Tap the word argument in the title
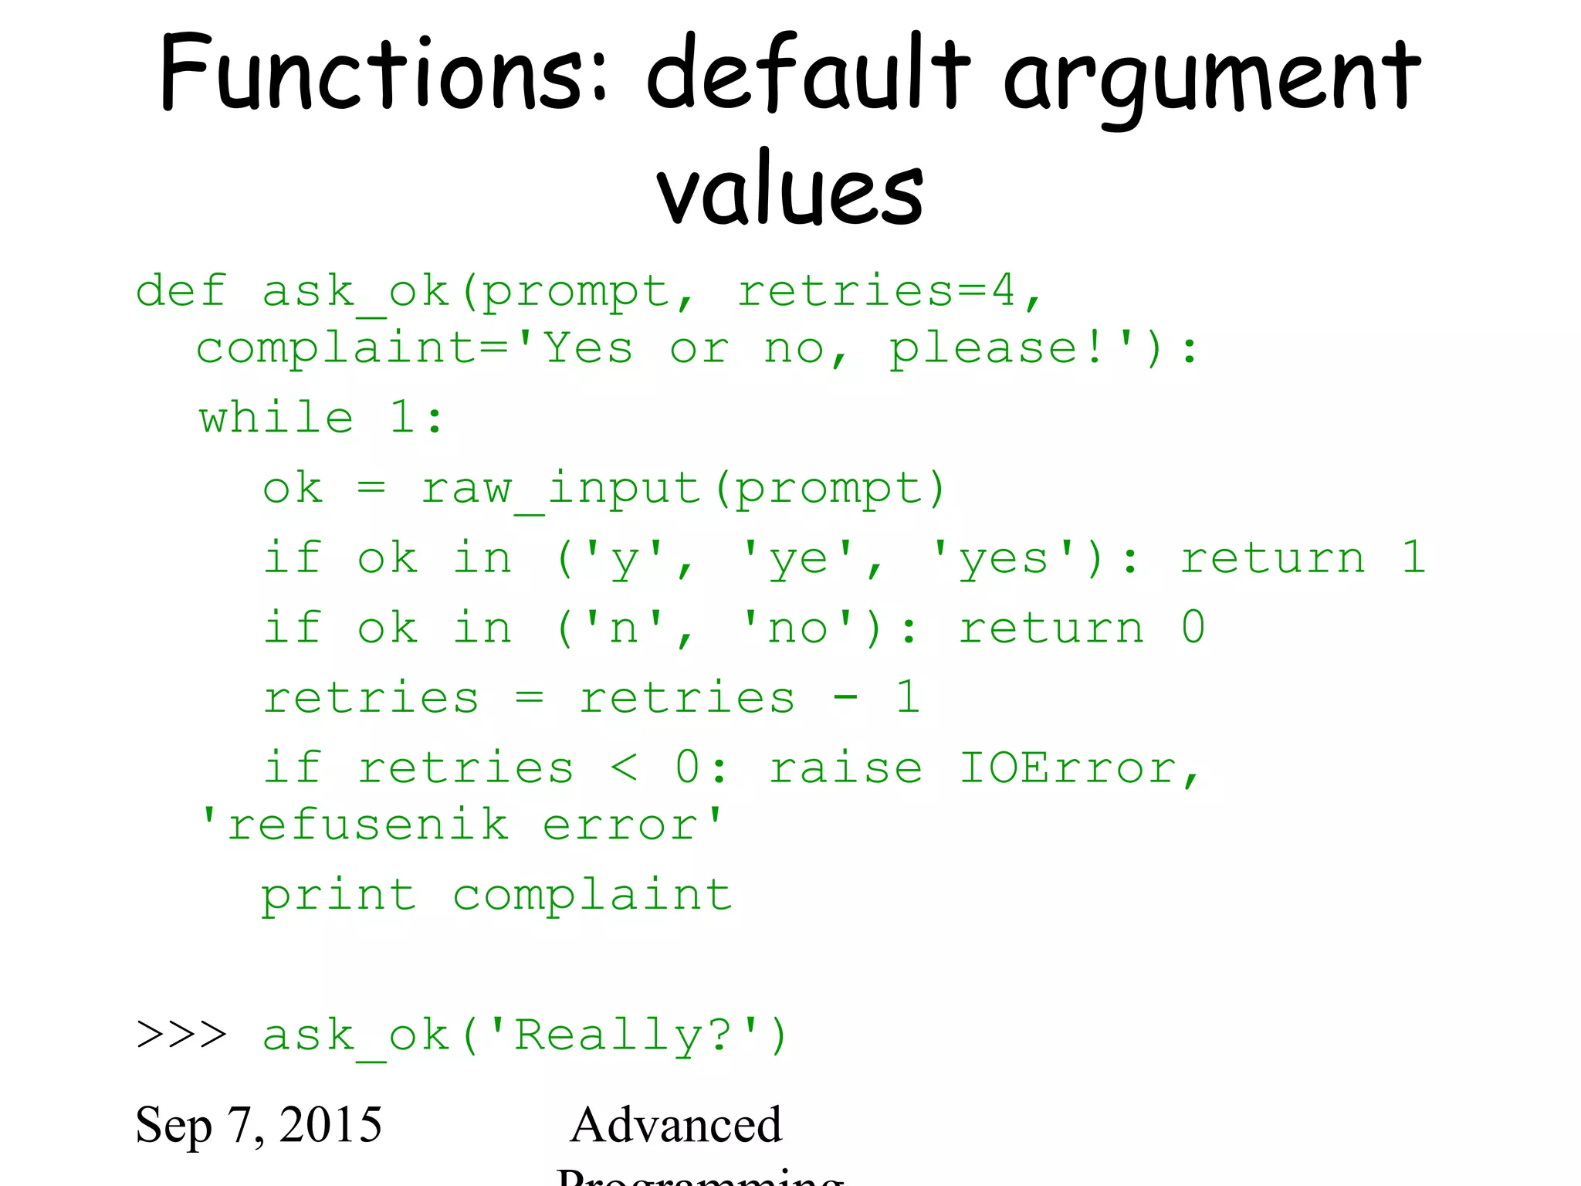click(x=1212, y=77)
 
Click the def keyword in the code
click(x=181, y=291)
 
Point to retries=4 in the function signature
click(x=876, y=291)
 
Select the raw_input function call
click(x=560, y=488)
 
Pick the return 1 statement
click(x=1303, y=557)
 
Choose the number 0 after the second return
click(x=1193, y=627)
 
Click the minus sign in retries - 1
click(x=845, y=698)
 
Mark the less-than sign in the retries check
click(x=624, y=768)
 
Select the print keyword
click(x=339, y=896)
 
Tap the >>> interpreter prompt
click(x=181, y=1035)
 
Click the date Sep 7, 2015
click(x=259, y=1124)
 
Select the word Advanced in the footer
click(x=676, y=1124)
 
